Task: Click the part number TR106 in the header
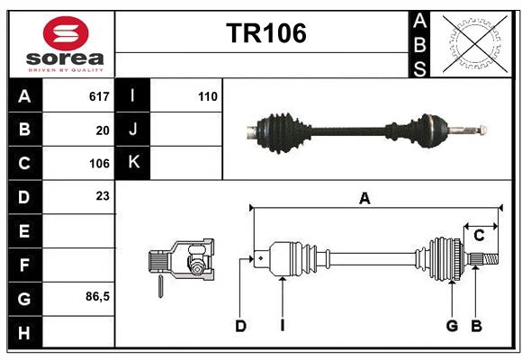pyautogui.click(x=265, y=33)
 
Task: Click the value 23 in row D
pyautogui.click(x=103, y=195)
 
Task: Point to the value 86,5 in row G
pyautogui.click(x=97, y=296)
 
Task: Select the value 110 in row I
pyautogui.click(x=208, y=96)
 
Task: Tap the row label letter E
pyautogui.click(x=24, y=231)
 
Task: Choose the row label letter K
pyautogui.click(x=133, y=163)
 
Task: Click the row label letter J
pyautogui.click(x=133, y=130)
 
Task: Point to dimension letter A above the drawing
pyautogui.click(x=364, y=199)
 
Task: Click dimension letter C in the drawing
pyautogui.click(x=479, y=236)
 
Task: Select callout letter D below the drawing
pyautogui.click(x=240, y=326)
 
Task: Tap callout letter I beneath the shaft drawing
pyautogui.click(x=282, y=326)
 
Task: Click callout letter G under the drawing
pyautogui.click(x=452, y=326)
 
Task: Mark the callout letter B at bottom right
pyautogui.click(x=477, y=326)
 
